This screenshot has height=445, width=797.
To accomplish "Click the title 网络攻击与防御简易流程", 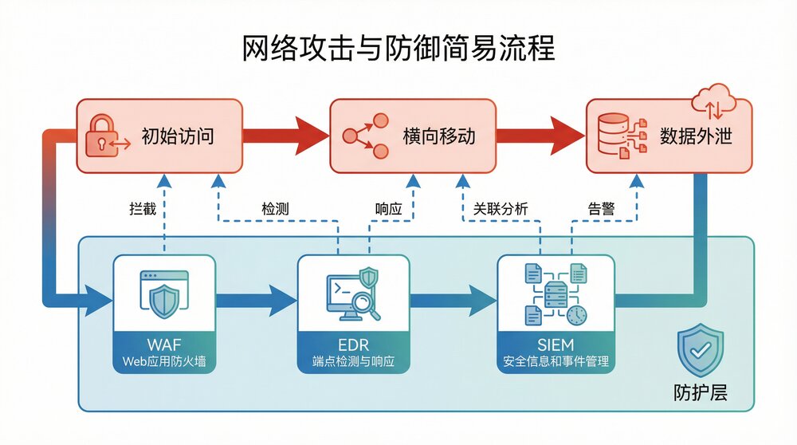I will (398, 49).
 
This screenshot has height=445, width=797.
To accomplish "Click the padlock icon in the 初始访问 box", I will (102, 135).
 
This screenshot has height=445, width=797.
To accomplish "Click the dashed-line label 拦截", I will (139, 209).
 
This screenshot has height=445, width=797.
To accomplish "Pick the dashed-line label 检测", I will (274, 209).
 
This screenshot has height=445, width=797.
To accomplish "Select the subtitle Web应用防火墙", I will (164, 361).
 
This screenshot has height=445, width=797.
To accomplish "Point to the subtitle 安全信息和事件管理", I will (556, 361).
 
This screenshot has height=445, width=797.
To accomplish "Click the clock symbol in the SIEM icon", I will (576, 315).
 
